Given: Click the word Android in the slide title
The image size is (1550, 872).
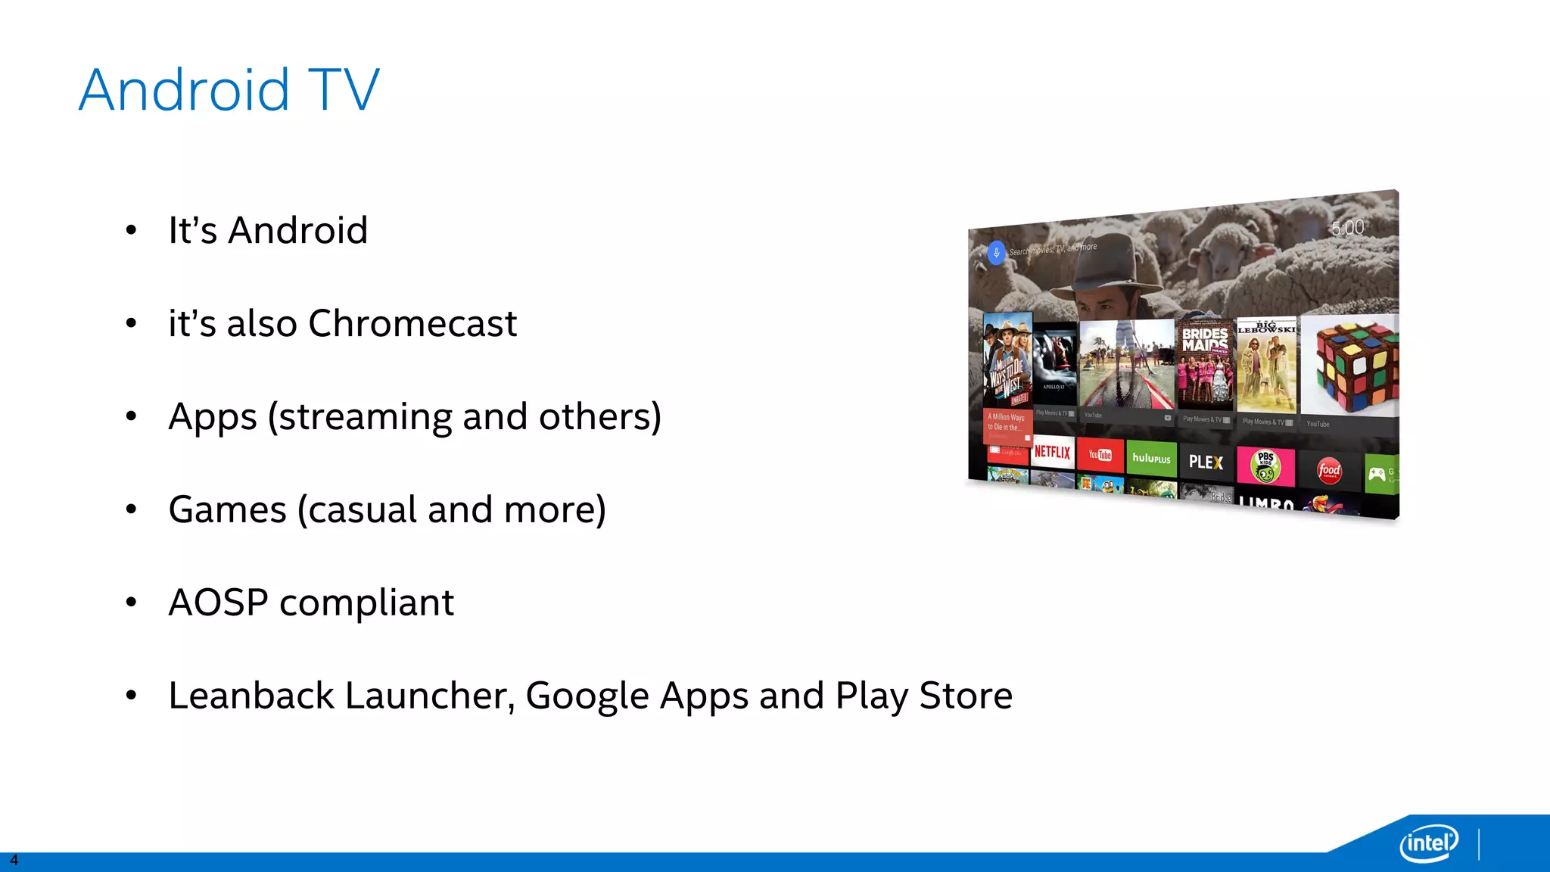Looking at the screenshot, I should coord(184,90).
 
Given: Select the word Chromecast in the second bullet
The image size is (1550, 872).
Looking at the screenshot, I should coord(412,324).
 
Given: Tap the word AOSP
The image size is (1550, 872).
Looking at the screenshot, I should coord(218,603).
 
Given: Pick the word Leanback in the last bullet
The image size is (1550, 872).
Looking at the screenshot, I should coord(251,696).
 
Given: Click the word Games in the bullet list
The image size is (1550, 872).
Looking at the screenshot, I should coord(227,509).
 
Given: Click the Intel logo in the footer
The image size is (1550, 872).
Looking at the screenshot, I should coord(1428,842).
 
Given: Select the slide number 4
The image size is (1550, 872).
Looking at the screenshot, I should coord(14,861).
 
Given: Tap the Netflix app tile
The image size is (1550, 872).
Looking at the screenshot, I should coord(1052,452).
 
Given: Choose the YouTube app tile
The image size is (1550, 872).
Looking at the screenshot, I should coord(1100,455).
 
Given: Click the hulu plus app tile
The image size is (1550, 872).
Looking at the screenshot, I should coord(1151,459).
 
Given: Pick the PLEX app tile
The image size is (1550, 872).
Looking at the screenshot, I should coord(1206,462).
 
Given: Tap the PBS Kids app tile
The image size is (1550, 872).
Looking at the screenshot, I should coord(1265,466).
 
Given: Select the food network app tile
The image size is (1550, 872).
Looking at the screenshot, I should coord(1329,470).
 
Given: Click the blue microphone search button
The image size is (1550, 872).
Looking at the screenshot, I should coord(996,253).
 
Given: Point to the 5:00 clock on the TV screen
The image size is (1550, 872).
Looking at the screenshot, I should coord(1348,228).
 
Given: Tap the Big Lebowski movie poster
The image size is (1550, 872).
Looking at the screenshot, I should coord(1266,366).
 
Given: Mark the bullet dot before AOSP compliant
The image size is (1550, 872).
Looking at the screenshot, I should coord(131,603).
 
